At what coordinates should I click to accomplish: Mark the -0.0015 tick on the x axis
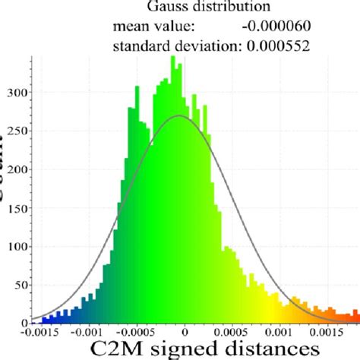pos(40,331)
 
